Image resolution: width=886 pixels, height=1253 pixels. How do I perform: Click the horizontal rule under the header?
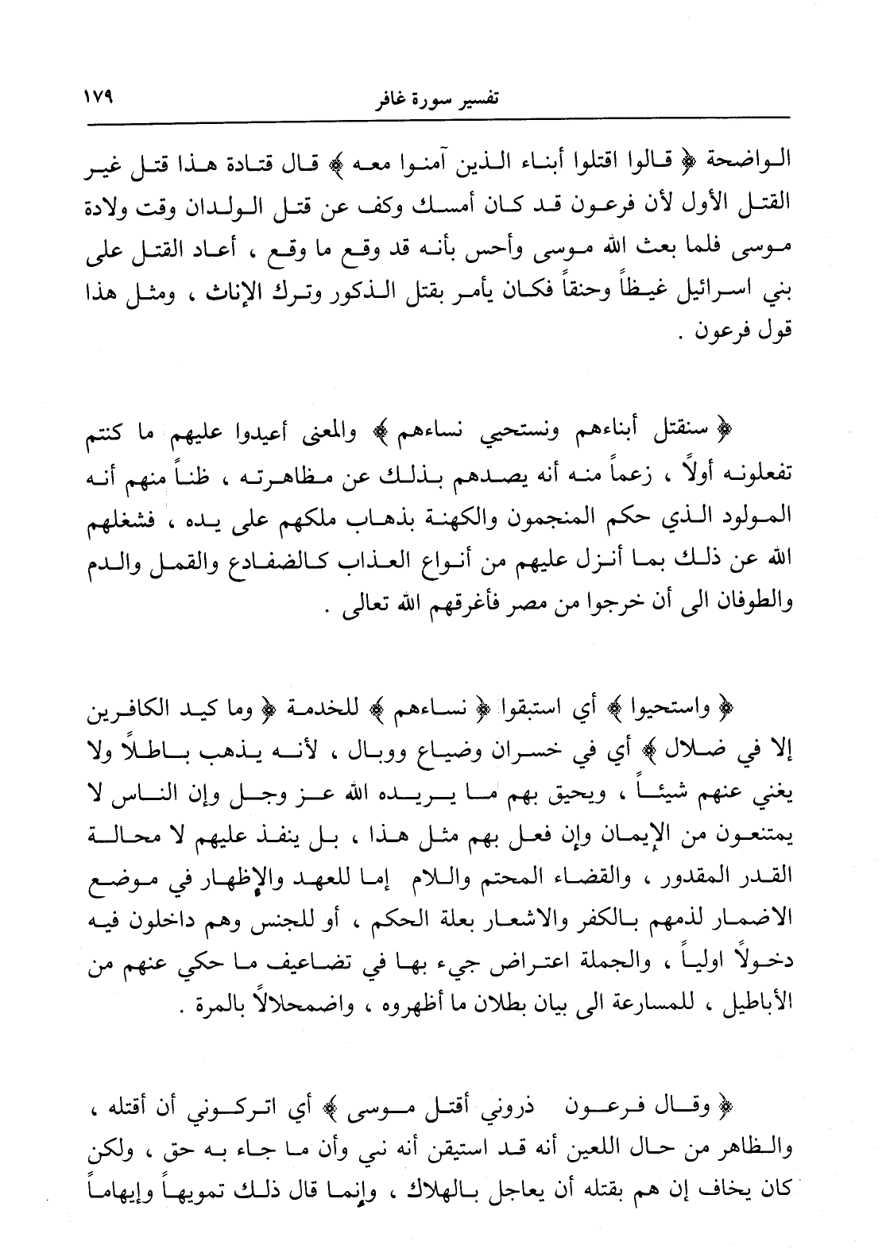[444, 119]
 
